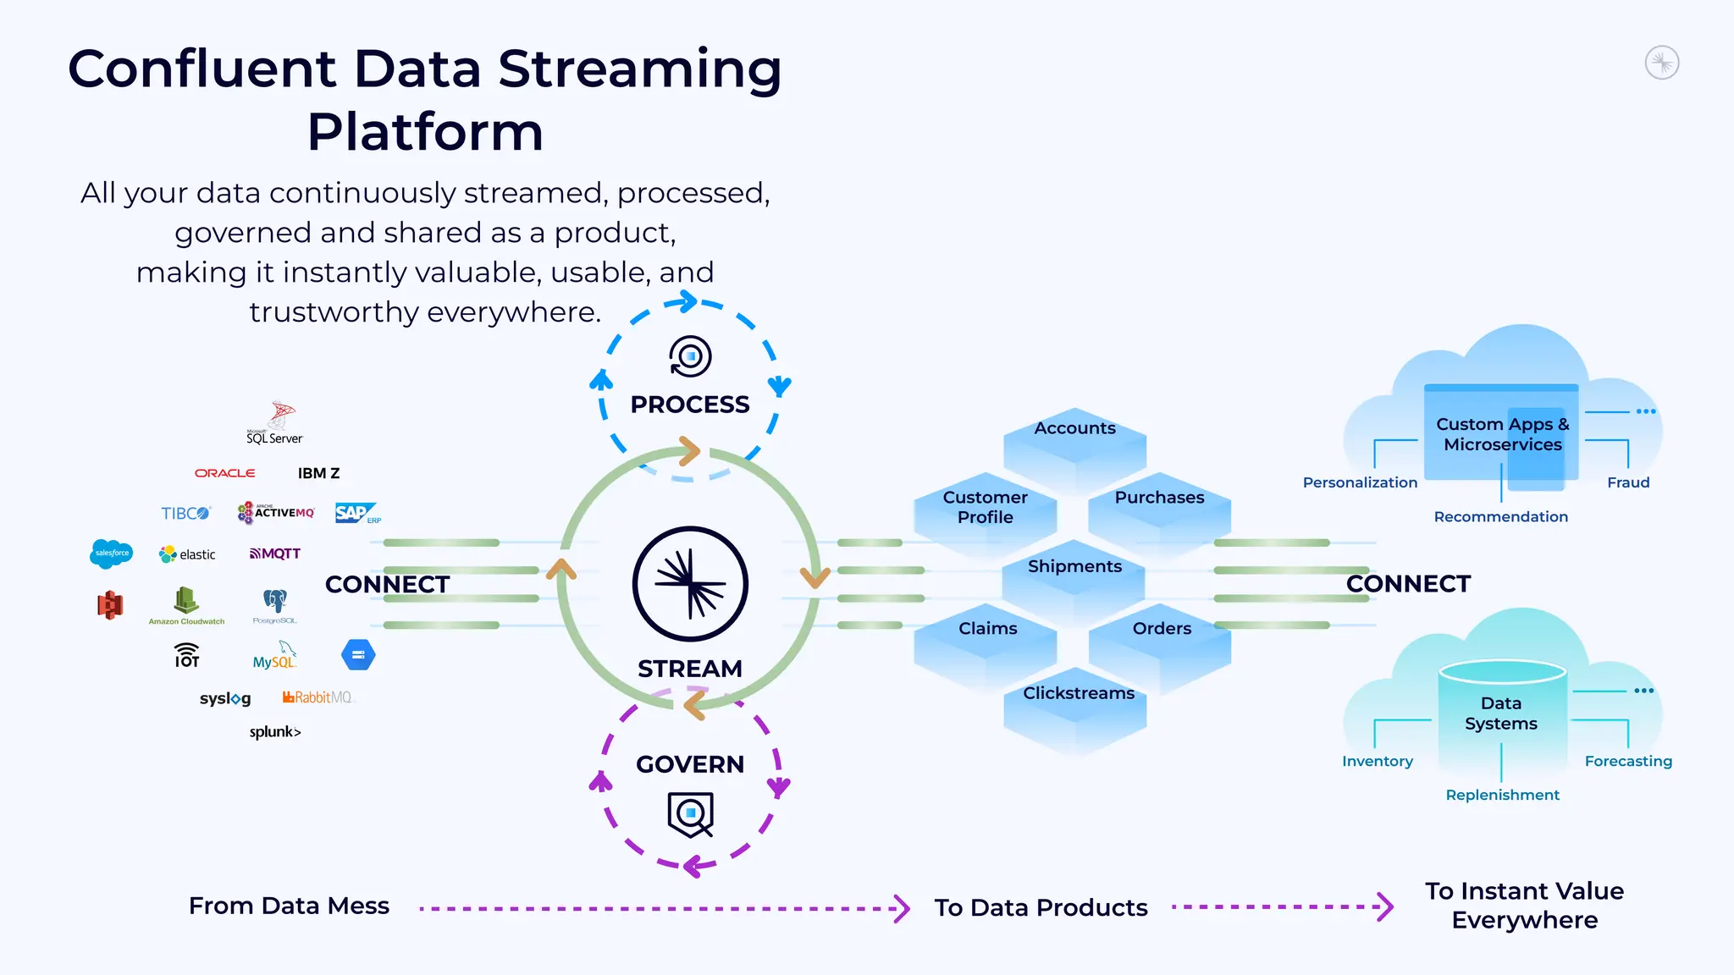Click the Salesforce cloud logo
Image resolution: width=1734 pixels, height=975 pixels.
coord(111,554)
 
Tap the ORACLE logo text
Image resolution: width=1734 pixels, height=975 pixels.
coord(224,473)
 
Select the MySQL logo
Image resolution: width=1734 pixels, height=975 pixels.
coord(275,657)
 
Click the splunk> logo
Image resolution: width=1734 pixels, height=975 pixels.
coord(275,732)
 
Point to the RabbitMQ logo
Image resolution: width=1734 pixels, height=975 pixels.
coord(318,697)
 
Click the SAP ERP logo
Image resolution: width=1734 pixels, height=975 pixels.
coord(356,513)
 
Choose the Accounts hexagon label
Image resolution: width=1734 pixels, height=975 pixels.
coord(1074,428)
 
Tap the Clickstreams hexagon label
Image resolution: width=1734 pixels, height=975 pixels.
coord(1078,693)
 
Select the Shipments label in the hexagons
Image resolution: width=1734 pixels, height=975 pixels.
coord(1074,566)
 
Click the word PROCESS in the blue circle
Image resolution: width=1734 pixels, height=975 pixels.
coord(690,405)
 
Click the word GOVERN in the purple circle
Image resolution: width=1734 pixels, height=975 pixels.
coord(690,764)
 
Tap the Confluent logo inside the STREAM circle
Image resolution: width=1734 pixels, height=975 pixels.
coord(690,584)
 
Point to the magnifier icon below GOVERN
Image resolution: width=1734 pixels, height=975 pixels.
coord(691,814)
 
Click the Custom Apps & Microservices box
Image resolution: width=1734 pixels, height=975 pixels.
coord(1501,435)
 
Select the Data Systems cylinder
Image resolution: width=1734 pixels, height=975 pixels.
coord(1501,713)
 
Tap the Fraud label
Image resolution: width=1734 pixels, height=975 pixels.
coord(1627,482)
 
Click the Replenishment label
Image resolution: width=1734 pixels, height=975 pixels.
coord(1502,795)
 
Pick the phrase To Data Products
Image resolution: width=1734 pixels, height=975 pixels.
coord(1041,907)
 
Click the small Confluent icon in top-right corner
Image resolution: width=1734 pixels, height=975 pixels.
coord(1661,63)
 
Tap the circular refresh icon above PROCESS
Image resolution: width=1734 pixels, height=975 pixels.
coord(690,356)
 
